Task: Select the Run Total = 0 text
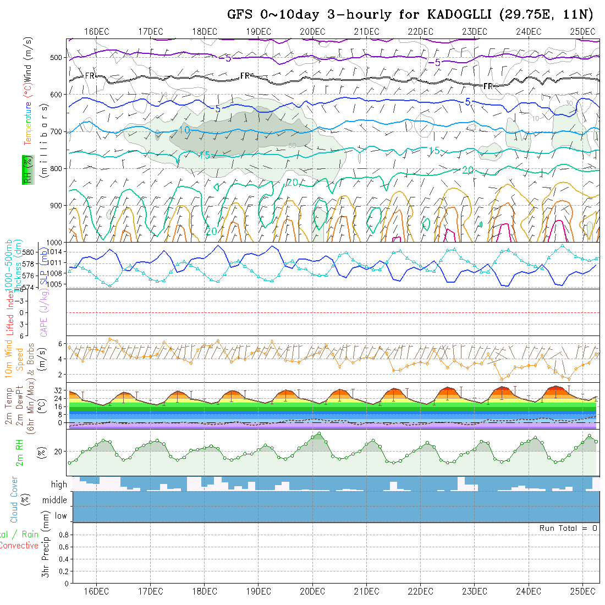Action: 568,528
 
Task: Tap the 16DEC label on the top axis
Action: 96,31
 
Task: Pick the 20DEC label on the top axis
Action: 312,31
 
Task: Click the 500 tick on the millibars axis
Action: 55,57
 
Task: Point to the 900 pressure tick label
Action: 55,205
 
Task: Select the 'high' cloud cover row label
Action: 59,485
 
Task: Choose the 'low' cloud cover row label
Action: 61,516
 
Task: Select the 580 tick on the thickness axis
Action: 28,252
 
